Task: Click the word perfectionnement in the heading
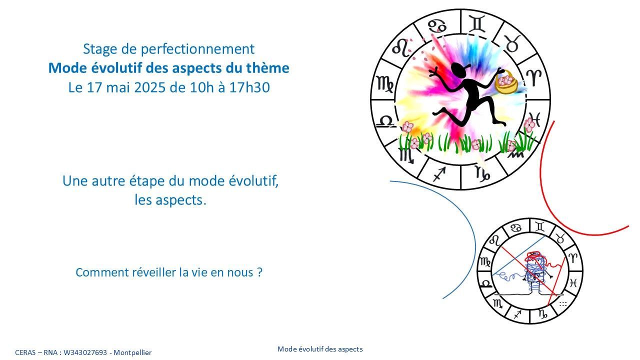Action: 197,49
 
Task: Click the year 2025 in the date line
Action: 149,87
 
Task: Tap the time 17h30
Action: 249,87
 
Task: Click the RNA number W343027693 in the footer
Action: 85,352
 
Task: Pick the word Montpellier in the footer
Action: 132,352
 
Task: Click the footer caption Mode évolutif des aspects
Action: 320,349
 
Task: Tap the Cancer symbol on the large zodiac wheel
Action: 437,26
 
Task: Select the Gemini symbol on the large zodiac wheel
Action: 477,23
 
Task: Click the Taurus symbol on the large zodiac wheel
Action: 511,43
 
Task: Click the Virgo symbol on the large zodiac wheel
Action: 384,83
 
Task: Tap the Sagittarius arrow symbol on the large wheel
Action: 439,174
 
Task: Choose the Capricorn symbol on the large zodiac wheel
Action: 482,173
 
